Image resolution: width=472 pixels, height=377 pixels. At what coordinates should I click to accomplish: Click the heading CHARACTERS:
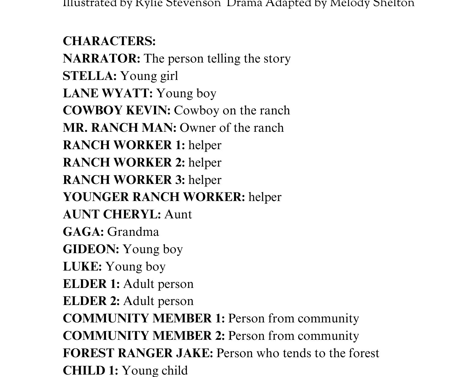109,41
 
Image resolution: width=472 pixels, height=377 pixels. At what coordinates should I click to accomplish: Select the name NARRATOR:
101,59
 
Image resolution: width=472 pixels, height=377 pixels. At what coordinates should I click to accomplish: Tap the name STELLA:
90,76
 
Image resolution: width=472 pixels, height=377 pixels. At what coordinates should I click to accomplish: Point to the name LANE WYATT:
108,93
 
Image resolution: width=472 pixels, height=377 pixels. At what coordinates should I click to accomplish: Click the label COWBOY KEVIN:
116,110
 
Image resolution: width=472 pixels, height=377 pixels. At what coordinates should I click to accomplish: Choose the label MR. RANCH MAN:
119,128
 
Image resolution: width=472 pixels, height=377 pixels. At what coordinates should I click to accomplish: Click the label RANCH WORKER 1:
124,145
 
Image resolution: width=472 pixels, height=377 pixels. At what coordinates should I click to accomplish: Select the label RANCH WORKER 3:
124,180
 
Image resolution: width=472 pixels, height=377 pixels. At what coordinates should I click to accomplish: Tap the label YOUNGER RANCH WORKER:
154,197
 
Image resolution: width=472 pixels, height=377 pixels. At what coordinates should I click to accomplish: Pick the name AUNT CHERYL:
112,214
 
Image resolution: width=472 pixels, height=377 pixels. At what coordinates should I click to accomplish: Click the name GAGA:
83,232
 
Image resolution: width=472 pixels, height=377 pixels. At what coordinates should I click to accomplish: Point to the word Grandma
133,232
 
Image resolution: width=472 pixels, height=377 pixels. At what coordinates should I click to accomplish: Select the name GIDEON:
91,249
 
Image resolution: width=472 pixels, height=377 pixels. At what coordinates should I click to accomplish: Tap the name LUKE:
82,267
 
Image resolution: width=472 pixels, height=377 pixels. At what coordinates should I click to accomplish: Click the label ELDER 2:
91,301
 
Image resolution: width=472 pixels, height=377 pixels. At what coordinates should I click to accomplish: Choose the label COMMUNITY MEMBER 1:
144,318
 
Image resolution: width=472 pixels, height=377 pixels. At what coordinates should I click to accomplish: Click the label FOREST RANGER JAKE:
138,353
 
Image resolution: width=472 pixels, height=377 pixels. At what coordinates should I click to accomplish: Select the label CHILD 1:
90,371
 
